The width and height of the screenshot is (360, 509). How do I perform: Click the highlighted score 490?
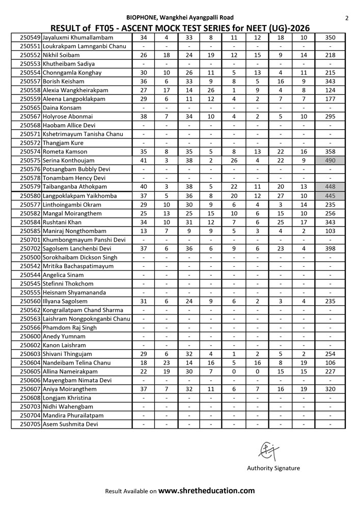(330, 160)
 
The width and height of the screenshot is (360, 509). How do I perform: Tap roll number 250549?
(30, 38)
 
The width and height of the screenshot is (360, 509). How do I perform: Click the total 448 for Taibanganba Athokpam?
(330, 187)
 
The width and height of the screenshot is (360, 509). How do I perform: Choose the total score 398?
(330, 248)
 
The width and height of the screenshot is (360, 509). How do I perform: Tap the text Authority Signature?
(273, 468)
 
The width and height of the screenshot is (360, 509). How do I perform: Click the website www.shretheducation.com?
(207, 491)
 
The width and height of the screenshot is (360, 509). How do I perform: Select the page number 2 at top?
(346, 18)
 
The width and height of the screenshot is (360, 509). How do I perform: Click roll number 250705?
(30, 424)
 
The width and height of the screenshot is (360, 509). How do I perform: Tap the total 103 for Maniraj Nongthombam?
(330, 231)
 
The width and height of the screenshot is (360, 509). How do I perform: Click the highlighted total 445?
(330, 195)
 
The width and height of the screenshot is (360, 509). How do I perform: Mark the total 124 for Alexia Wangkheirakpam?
(330, 90)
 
